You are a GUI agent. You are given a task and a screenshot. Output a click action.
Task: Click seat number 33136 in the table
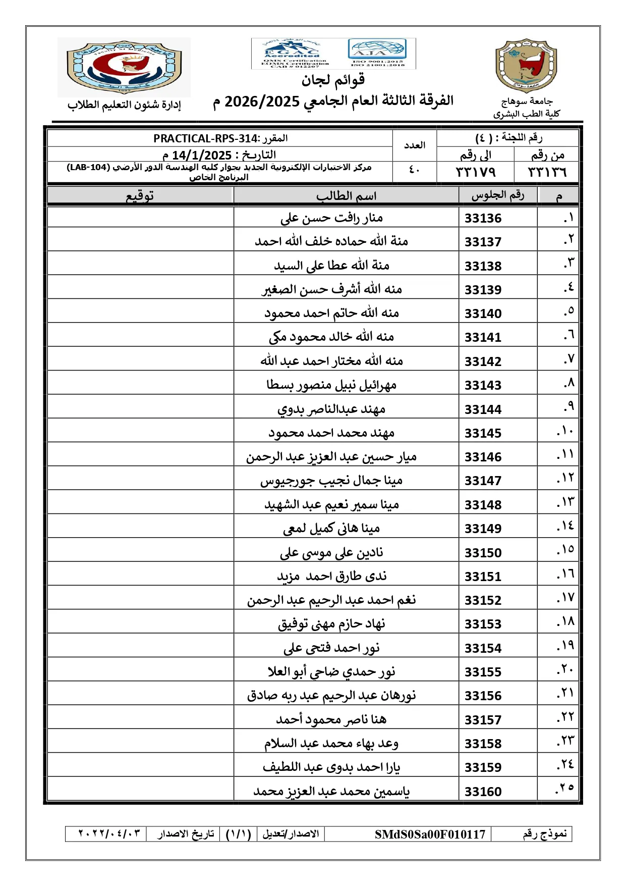coord(483,218)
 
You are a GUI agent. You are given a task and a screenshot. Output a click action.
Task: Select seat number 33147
coord(483,481)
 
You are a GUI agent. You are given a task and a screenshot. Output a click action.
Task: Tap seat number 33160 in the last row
coord(483,792)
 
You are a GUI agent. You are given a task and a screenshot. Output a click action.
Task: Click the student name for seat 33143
coord(331,385)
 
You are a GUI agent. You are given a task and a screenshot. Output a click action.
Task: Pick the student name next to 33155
coord(331,672)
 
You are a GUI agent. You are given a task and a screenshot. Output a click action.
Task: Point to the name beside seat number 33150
coord(331,552)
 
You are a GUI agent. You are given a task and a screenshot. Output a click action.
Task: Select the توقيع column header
coord(140,196)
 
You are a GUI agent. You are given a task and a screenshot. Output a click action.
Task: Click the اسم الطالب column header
coord(346,196)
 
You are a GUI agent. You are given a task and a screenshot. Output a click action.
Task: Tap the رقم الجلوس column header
coord(497,195)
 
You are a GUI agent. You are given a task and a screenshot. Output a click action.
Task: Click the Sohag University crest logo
coord(526,66)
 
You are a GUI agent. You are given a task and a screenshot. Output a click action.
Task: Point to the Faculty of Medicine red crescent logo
coord(124,67)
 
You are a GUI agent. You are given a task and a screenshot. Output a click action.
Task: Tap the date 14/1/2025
coord(202,155)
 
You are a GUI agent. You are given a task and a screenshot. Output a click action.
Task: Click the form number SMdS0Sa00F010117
coord(430,835)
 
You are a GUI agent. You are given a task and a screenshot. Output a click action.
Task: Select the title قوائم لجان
coord(333,80)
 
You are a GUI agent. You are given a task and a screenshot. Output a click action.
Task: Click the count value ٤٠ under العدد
coord(414,170)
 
